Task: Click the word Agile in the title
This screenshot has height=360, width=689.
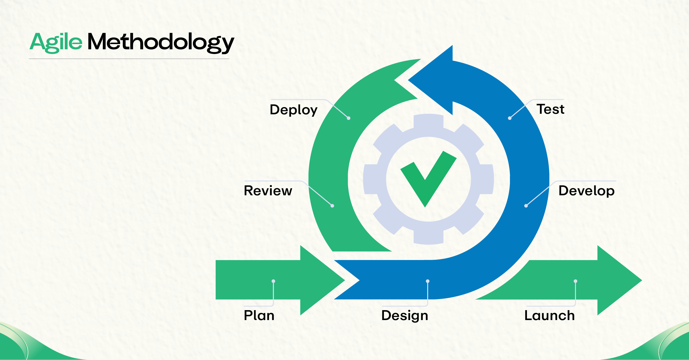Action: click(x=56, y=42)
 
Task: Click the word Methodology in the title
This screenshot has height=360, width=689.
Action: click(x=161, y=42)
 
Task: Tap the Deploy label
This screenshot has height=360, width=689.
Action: click(x=294, y=110)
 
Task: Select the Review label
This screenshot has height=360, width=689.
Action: click(x=268, y=191)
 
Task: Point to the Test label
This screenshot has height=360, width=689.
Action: click(x=550, y=109)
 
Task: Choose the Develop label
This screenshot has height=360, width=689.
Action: click(x=586, y=191)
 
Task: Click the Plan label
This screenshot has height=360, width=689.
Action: click(x=259, y=315)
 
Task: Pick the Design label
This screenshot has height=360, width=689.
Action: click(x=405, y=315)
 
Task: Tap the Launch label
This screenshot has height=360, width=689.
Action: click(x=550, y=315)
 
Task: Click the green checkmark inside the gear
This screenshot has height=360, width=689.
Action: click(x=428, y=179)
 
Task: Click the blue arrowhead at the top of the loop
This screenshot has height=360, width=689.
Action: click(x=435, y=80)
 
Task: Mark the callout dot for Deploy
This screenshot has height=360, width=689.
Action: click(x=349, y=118)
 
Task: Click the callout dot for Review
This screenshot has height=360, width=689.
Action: click(x=332, y=206)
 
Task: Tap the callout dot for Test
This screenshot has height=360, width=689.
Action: click(x=510, y=118)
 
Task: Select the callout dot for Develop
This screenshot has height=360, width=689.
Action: click(x=526, y=206)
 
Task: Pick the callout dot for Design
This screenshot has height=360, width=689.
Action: click(x=428, y=281)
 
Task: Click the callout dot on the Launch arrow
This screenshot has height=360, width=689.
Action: click(x=575, y=281)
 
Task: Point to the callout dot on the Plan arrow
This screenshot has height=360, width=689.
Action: click(x=273, y=281)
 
